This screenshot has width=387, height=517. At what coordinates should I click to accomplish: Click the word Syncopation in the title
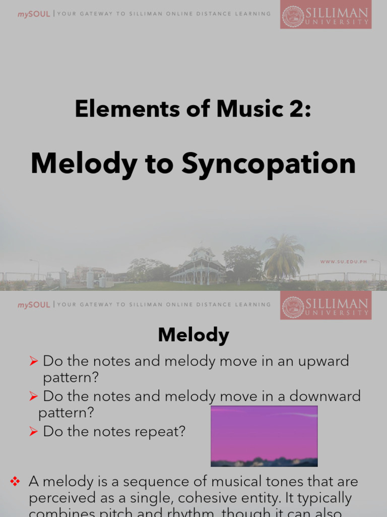(269, 164)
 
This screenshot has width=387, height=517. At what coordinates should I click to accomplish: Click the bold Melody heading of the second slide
(193, 335)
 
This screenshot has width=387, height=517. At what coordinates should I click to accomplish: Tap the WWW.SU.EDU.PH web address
(344, 262)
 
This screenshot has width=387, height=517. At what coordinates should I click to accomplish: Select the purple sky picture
(264, 436)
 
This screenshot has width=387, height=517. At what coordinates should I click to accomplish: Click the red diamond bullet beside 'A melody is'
(15, 482)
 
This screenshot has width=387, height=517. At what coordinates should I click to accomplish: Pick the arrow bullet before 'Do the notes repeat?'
(34, 432)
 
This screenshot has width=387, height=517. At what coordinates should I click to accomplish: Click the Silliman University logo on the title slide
(326, 17)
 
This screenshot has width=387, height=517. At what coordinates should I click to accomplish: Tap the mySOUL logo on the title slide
(34, 14)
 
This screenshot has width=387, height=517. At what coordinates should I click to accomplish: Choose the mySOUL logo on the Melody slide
(34, 305)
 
